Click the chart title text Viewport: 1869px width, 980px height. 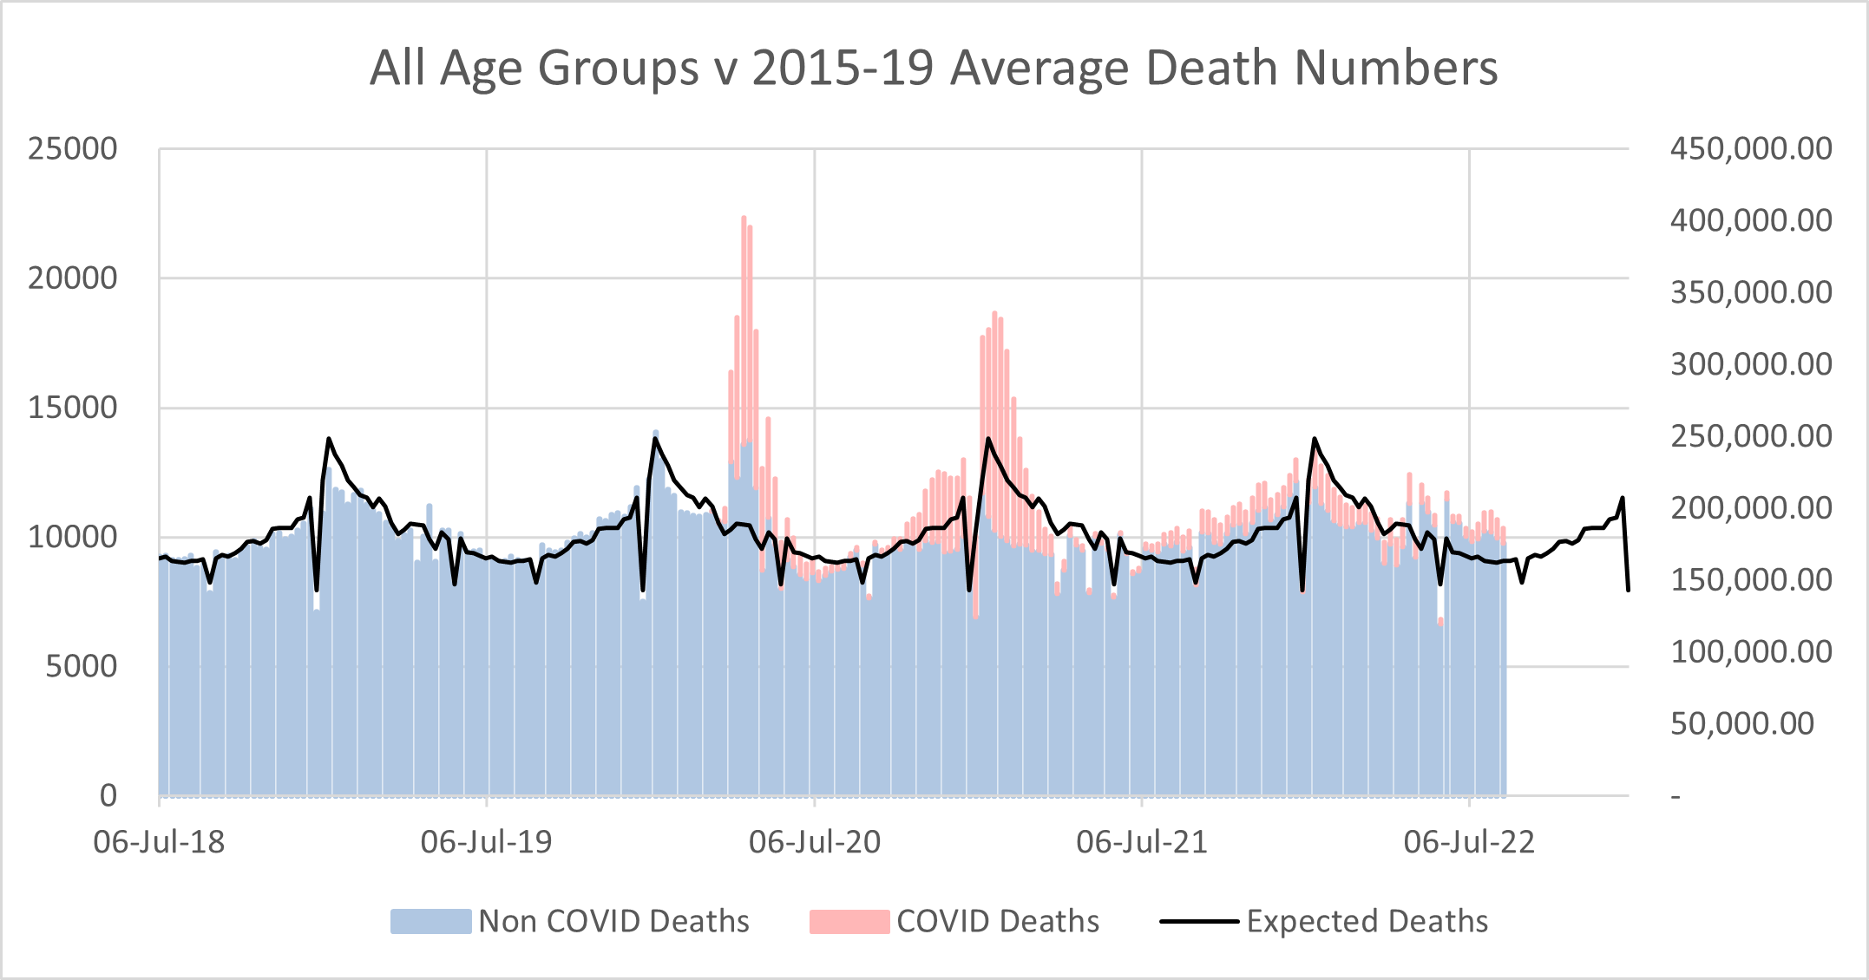[934, 68]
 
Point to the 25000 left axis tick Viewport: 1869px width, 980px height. [72, 149]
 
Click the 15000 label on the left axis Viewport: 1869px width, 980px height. [72, 408]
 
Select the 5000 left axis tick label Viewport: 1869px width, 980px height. [81, 667]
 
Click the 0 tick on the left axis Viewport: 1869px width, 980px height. [108, 795]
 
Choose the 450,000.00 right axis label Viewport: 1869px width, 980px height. [1751, 149]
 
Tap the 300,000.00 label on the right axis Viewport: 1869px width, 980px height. [1751, 364]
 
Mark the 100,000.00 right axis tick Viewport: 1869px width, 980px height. [1751, 651]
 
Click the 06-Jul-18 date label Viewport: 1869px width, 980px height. [159, 842]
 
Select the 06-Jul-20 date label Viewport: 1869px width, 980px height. [814, 842]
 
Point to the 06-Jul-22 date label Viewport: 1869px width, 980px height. [1469, 842]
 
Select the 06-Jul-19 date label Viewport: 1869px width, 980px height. [486, 842]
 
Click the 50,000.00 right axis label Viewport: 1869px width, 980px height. [1741, 723]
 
